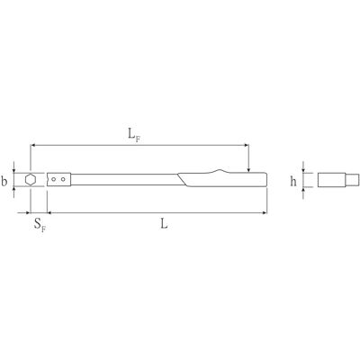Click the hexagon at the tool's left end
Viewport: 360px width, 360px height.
(x=31, y=180)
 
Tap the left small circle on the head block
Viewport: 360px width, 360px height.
(x=53, y=179)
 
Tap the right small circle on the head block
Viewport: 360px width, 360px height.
(x=63, y=179)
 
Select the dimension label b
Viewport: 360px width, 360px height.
(x=4, y=182)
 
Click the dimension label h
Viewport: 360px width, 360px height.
(x=293, y=181)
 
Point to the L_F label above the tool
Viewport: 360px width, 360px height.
(x=134, y=134)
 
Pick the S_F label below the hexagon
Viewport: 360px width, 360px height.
(x=40, y=224)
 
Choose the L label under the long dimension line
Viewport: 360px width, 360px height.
(x=164, y=223)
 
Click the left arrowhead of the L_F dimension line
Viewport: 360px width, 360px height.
(x=32, y=146)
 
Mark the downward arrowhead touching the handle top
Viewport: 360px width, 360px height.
(x=248, y=170)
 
